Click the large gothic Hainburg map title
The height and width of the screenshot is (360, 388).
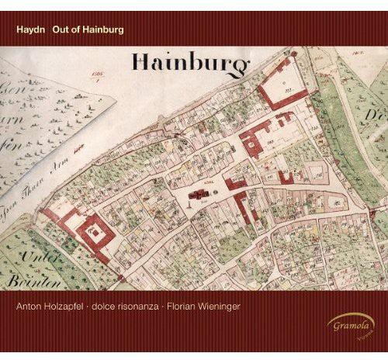192,63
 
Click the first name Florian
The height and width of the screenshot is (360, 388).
223,306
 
